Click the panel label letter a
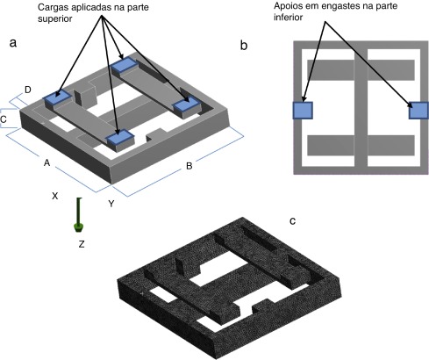pyautogui.click(x=11, y=41)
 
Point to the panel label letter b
pyautogui.click(x=243, y=43)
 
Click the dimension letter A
pyautogui.click(x=46, y=163)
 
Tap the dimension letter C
pyautogui.click(x=4, y=118)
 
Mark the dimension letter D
pyautogui.click(x=28, y=90)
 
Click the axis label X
pyautogui.click(x=54, y=197)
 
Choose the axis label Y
pyautogui.click(x=111, y=204)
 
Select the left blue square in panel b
pyautogui.click(x=303, y=110)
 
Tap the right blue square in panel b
pyautogui.click(x=418, y=110)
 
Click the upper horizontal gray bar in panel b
pyautogui.click(x=361, y=68)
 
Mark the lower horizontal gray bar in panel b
pyautogui.click(x=361, y=144)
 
